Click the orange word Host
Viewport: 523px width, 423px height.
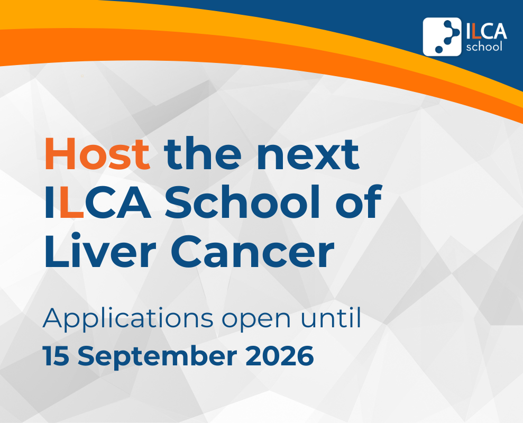click(97, 154)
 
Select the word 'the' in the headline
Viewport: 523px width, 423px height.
click(203, 153)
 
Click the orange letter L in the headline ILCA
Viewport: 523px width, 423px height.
click(72, 202)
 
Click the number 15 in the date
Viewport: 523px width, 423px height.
click(56, 356)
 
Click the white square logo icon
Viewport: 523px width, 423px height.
click(442, 36)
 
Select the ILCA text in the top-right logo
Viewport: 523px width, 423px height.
click(486, 31)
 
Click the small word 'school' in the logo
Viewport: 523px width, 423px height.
click(484, 47)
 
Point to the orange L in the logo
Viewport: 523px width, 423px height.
click(475, 31)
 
